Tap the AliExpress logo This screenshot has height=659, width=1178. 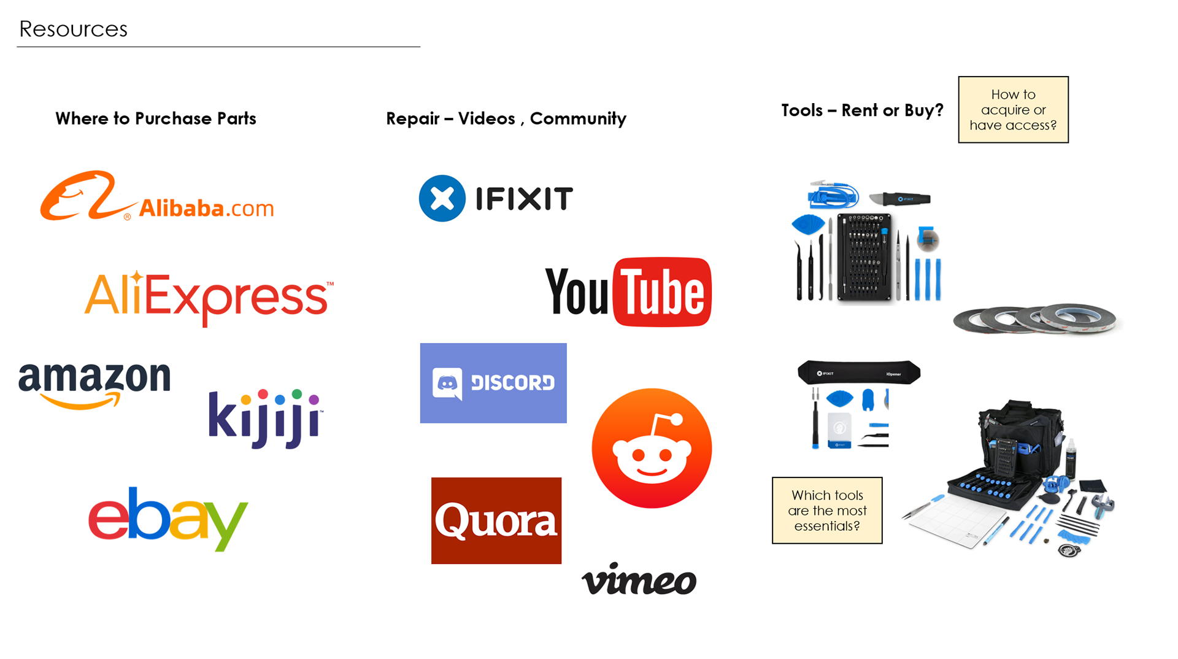(x=209, y=298)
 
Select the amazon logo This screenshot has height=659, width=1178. (x=94, y=384)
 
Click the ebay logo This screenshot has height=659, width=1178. (x=167, y=518)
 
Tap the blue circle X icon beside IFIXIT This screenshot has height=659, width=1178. (x=442, y=198)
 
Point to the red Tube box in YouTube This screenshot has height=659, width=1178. (x=662, y=292)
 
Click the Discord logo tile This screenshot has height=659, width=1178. (x=493, y=383)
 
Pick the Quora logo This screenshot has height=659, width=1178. (x=496, y=520)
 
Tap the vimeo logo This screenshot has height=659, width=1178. (x=639, y=579)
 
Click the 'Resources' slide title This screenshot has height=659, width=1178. (x=74, y=29)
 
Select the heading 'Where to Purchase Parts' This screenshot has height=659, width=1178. (x=156, y=118)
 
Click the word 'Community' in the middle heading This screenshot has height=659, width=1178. (x=578, y=118)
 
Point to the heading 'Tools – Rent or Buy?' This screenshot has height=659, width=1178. (x=862, y=110)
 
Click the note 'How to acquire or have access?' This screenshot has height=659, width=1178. (x=1013, y=110)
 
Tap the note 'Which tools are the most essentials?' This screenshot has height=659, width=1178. (x=827, y=511)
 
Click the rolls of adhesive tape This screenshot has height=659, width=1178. (x=1036, y=319)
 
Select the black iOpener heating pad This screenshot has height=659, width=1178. (x=859, y=372)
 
